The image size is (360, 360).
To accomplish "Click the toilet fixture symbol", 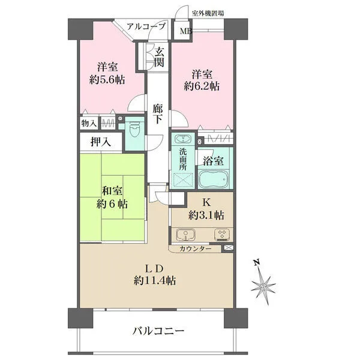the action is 135,129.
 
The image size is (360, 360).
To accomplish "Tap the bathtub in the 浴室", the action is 214,179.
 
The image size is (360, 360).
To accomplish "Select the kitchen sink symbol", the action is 186,235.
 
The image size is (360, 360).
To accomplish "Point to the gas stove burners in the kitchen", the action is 222,235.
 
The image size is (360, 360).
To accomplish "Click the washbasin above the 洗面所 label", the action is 183,139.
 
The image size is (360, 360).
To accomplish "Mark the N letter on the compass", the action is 256,262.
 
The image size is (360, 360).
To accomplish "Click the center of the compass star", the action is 263,287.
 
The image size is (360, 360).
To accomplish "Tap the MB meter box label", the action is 185,31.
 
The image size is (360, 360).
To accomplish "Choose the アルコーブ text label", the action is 146,26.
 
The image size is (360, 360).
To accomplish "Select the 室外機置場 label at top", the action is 208,13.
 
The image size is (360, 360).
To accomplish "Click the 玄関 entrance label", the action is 159,58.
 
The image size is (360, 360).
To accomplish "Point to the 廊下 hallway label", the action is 158,114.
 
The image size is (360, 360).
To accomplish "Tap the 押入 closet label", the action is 101,142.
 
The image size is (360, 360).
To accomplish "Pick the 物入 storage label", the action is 89,124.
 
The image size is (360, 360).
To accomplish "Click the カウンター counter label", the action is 196,249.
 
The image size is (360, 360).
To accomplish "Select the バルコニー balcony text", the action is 158,331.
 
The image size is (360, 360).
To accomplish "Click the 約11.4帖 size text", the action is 155,281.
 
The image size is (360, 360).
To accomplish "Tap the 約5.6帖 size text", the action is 107,80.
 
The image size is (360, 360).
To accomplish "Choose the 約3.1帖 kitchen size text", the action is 206,215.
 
